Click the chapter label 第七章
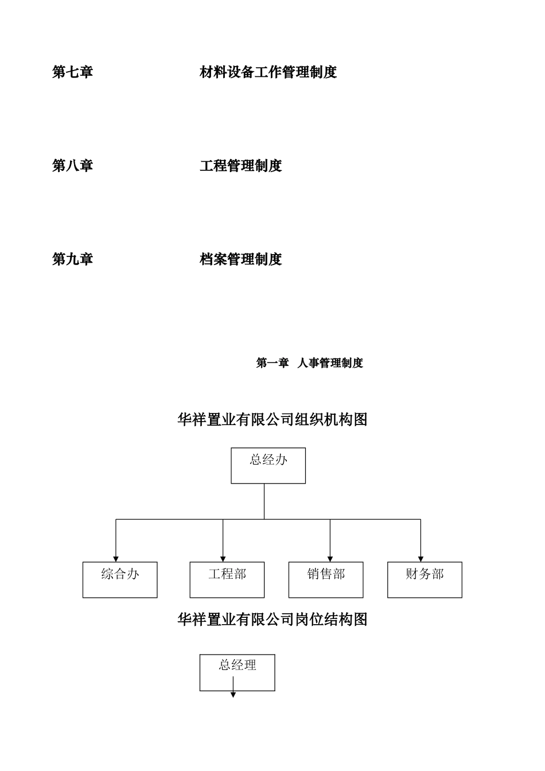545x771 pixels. [72, 72]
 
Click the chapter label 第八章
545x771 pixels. [72, 166]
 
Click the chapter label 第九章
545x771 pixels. [72, 259]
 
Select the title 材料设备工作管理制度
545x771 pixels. [268, 72]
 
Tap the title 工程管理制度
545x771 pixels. [240, 166]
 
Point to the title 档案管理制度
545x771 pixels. [240, 259]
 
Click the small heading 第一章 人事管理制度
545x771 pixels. [309, 363]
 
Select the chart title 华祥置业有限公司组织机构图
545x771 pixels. [272, 420]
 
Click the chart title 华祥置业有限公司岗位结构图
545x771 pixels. [272, 620]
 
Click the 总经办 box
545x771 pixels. [268, 465]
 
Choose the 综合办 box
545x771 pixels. [120, 579]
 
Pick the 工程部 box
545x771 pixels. [227, 579]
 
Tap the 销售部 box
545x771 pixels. [326, 579]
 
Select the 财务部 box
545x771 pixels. [425, 579]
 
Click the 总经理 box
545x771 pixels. [237, 672]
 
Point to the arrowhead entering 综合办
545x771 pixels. [116, 558]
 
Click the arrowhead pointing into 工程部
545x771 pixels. [223, 558]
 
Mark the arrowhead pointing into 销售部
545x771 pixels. [330, 558]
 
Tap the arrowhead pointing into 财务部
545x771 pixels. [421, 558]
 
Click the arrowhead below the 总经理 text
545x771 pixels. [233, 694]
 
